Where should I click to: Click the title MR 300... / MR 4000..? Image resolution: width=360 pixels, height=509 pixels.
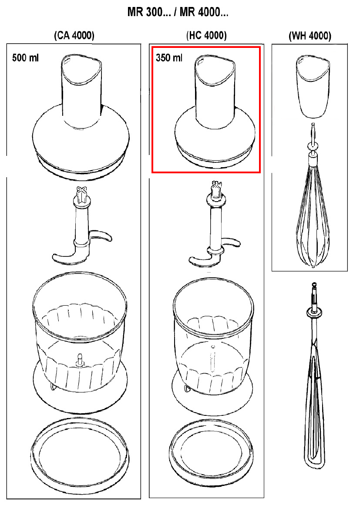(178, 12)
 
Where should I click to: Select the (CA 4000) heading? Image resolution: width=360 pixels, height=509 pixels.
(74, 35)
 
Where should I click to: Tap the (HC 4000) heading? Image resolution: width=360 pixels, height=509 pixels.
(206, 35)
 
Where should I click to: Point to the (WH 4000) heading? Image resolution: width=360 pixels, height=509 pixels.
(310, 36)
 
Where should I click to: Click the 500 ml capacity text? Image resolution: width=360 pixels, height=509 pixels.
(25, 58)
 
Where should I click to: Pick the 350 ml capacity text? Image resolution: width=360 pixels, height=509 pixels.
(169, 58)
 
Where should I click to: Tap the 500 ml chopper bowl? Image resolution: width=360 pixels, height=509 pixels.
(80, 341)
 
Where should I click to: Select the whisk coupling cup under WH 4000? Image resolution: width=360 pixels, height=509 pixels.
(313, 86)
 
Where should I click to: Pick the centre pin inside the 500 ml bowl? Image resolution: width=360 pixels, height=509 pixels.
(79, 360)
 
